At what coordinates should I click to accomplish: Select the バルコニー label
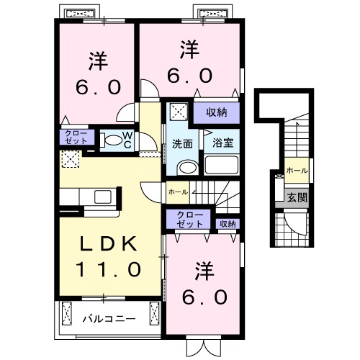click(108, 316)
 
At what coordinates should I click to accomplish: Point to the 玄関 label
click(297, 195)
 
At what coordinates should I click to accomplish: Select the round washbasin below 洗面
click(186, 168)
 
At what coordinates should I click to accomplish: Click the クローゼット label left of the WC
click(74, 137)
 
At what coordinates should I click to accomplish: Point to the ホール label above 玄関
click(296, 170)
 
